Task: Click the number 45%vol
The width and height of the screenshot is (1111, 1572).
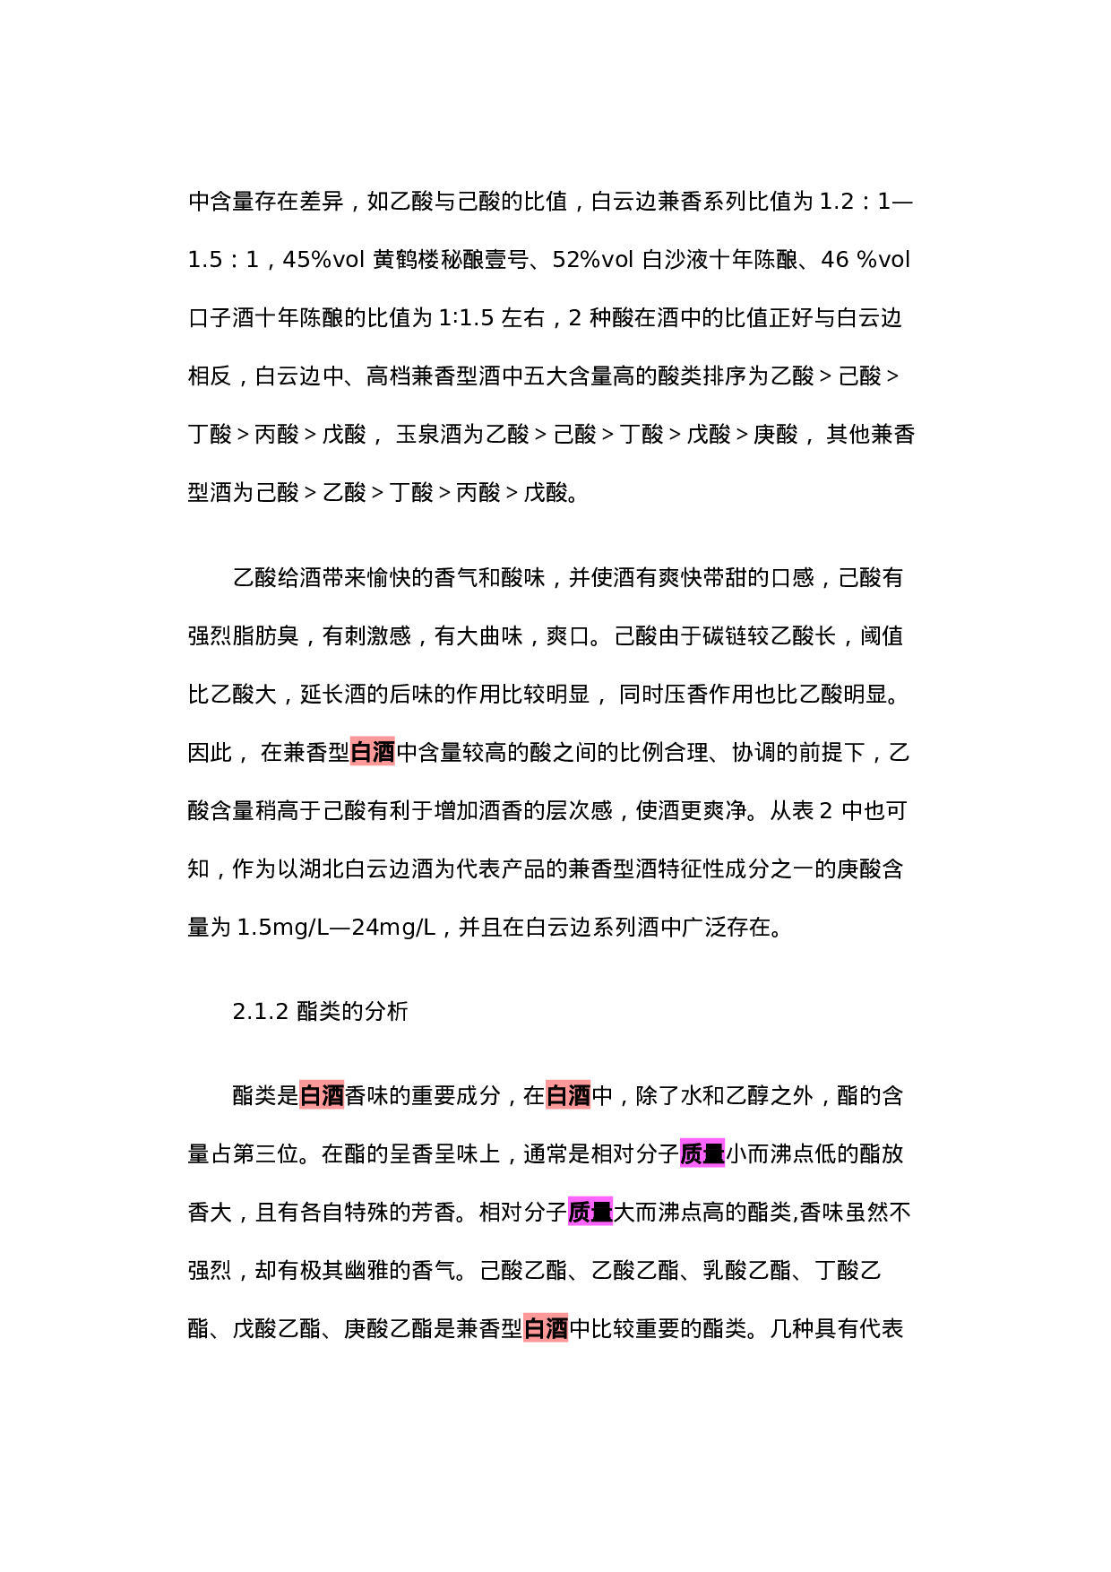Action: click(x=323, y=260)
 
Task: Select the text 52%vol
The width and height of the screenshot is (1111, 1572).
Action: click(x=593, y=260)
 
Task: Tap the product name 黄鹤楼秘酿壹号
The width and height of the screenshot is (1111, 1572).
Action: click(x=451, y=260)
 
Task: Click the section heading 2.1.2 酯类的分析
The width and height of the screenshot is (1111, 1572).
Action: click(x=320, y=1012)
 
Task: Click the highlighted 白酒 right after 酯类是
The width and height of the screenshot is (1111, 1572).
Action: click(x=322, y=1096)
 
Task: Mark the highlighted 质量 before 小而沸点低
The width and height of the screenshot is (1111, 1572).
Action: click(x=702, y=1154)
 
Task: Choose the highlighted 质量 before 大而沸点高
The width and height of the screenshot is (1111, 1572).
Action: click(x=590, y=1213)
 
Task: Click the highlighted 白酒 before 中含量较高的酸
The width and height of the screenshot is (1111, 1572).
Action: click(x=372, y=753)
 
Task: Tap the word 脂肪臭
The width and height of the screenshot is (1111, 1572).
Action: click(x=266, y=636)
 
